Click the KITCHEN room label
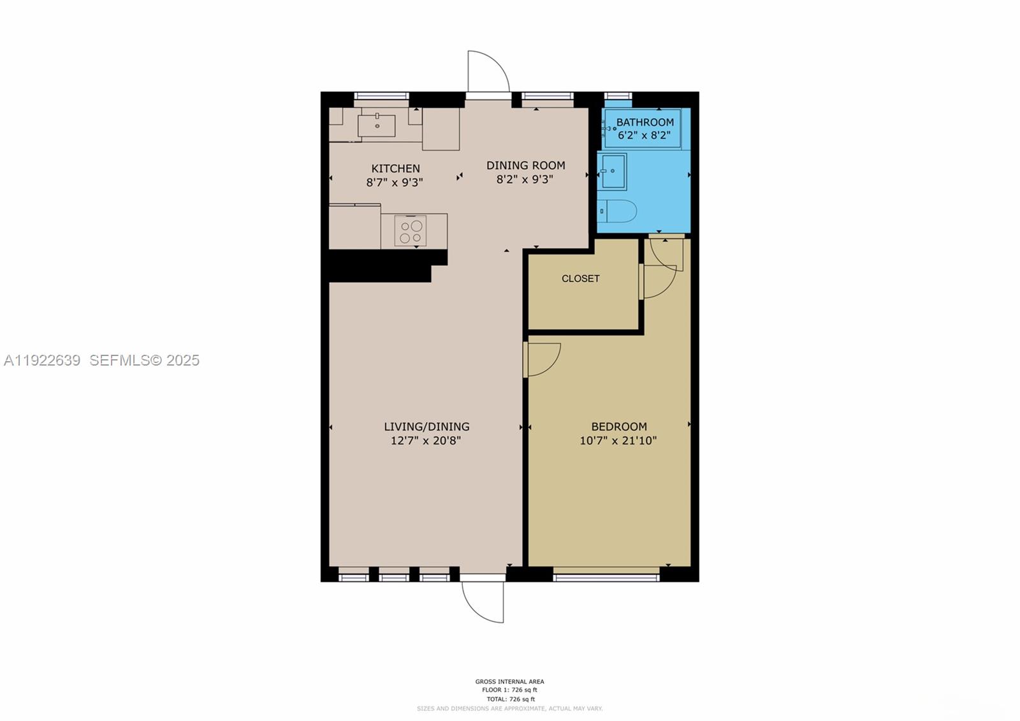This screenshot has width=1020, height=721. click(395, 168)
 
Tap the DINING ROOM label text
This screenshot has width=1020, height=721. click(525, 165)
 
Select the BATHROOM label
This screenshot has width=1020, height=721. click(645, 122)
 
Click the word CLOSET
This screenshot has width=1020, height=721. click(580, 278)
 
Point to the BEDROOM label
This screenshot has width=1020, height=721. click(618, 426)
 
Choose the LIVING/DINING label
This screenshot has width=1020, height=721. click(426, 426)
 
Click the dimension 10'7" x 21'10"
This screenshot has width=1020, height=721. click(618, 440)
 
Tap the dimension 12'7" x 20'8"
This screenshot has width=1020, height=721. click(425, 440)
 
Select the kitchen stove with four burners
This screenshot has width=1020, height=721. click(411, 231)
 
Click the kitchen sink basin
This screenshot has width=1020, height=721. click(376, 125)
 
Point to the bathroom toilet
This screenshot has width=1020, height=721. click(618, 211)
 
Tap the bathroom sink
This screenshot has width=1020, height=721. click(613, 171)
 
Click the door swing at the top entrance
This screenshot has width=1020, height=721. click(488, 71)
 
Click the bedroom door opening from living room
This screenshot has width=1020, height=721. click(543, 359)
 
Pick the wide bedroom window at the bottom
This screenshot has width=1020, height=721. click(606, 577)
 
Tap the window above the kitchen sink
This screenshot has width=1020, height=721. click(381, 96)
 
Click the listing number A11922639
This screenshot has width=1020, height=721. click(42, 360)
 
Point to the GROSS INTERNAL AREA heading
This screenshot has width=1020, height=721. click(509, 681)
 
